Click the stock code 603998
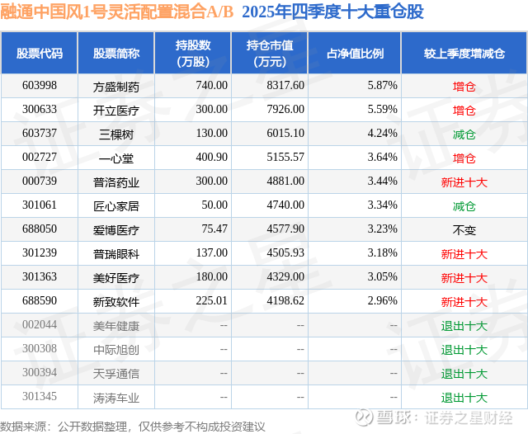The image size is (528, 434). [39, 85]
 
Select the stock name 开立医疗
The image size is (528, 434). [116, 110]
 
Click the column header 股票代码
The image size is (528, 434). [39, 54]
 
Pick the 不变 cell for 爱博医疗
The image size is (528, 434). [464, 230]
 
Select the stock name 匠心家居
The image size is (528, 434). [116, 206]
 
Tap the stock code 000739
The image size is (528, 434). [39, 182]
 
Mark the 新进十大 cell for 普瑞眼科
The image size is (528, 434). [464, 254]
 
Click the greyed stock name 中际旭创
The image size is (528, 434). [116, 350]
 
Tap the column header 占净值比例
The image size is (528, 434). [361, 54]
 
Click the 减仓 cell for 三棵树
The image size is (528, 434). [464, 134]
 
